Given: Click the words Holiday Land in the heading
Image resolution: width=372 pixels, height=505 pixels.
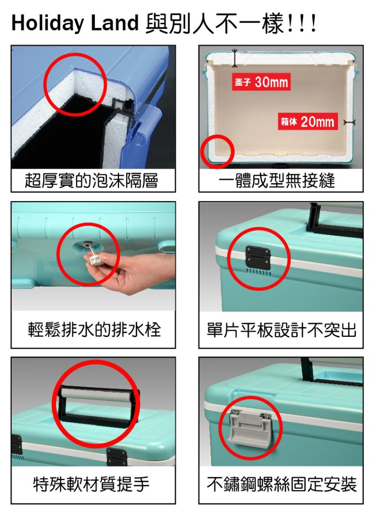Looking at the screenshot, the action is pos(74,23).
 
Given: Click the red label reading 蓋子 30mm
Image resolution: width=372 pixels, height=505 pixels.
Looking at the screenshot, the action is pos(261,82).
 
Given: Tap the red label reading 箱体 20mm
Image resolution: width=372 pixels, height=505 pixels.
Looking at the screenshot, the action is pos(308,121).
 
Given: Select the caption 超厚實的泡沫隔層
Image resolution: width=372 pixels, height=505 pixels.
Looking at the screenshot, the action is pos(92,180).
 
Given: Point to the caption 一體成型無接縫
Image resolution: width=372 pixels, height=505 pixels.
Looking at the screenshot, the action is pos(277,180).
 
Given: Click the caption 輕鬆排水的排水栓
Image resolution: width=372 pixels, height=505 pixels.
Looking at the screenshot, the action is pos(94,329).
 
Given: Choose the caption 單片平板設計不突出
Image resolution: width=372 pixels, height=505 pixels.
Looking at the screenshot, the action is pos(281,329).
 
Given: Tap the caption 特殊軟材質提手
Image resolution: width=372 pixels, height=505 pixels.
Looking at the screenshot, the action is pos(91,484).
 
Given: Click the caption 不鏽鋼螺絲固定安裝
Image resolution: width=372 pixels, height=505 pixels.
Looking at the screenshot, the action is pos(281,484).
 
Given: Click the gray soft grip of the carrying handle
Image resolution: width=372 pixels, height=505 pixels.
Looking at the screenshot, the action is pos(96,394).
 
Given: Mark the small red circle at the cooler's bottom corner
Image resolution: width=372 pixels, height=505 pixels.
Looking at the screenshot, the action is pos(217,151).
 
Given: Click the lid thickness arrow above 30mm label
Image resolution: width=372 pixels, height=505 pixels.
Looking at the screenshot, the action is pos(235,58).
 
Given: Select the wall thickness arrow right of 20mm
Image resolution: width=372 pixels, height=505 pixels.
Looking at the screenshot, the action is pos(349,122).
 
